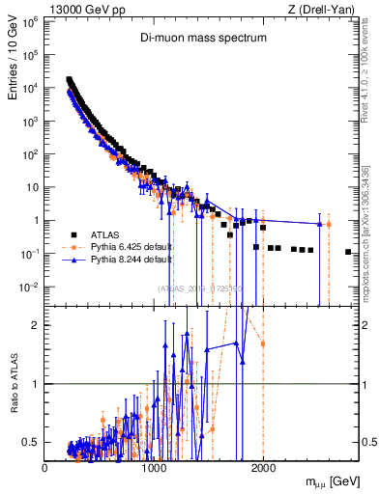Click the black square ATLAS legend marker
coord(73,233)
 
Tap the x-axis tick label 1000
coord(154,467)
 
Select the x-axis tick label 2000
coord(263,467)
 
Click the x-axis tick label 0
coord(45,467)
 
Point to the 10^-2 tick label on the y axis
coord(28,287)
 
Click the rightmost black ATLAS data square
coord(347,252)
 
